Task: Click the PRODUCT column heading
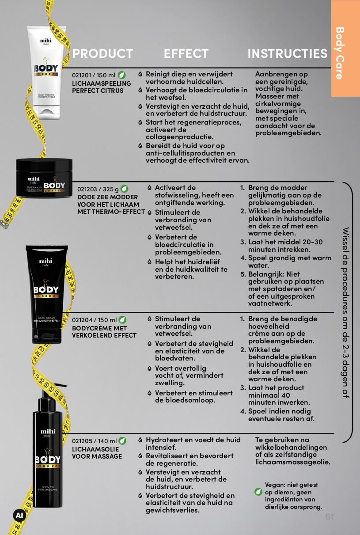point(102,53)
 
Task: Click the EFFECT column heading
point(186,53)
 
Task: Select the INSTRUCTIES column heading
point(288,53)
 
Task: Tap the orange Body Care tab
point(345,48)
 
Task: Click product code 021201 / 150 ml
point(94,75)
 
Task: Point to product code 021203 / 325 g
point(98,189)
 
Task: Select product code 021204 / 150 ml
point(94,320)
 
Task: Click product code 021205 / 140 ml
point(94,441)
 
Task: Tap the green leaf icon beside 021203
point(124,189)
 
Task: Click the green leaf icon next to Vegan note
point(258,492)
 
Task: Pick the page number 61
point(330,516)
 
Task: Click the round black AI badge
point(19,516)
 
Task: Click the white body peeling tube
point(46,73)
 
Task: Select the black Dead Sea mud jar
point(44,178)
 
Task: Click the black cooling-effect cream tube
point(46,294)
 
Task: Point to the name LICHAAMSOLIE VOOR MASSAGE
point(97,452)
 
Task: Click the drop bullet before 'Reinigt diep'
point(140,74)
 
